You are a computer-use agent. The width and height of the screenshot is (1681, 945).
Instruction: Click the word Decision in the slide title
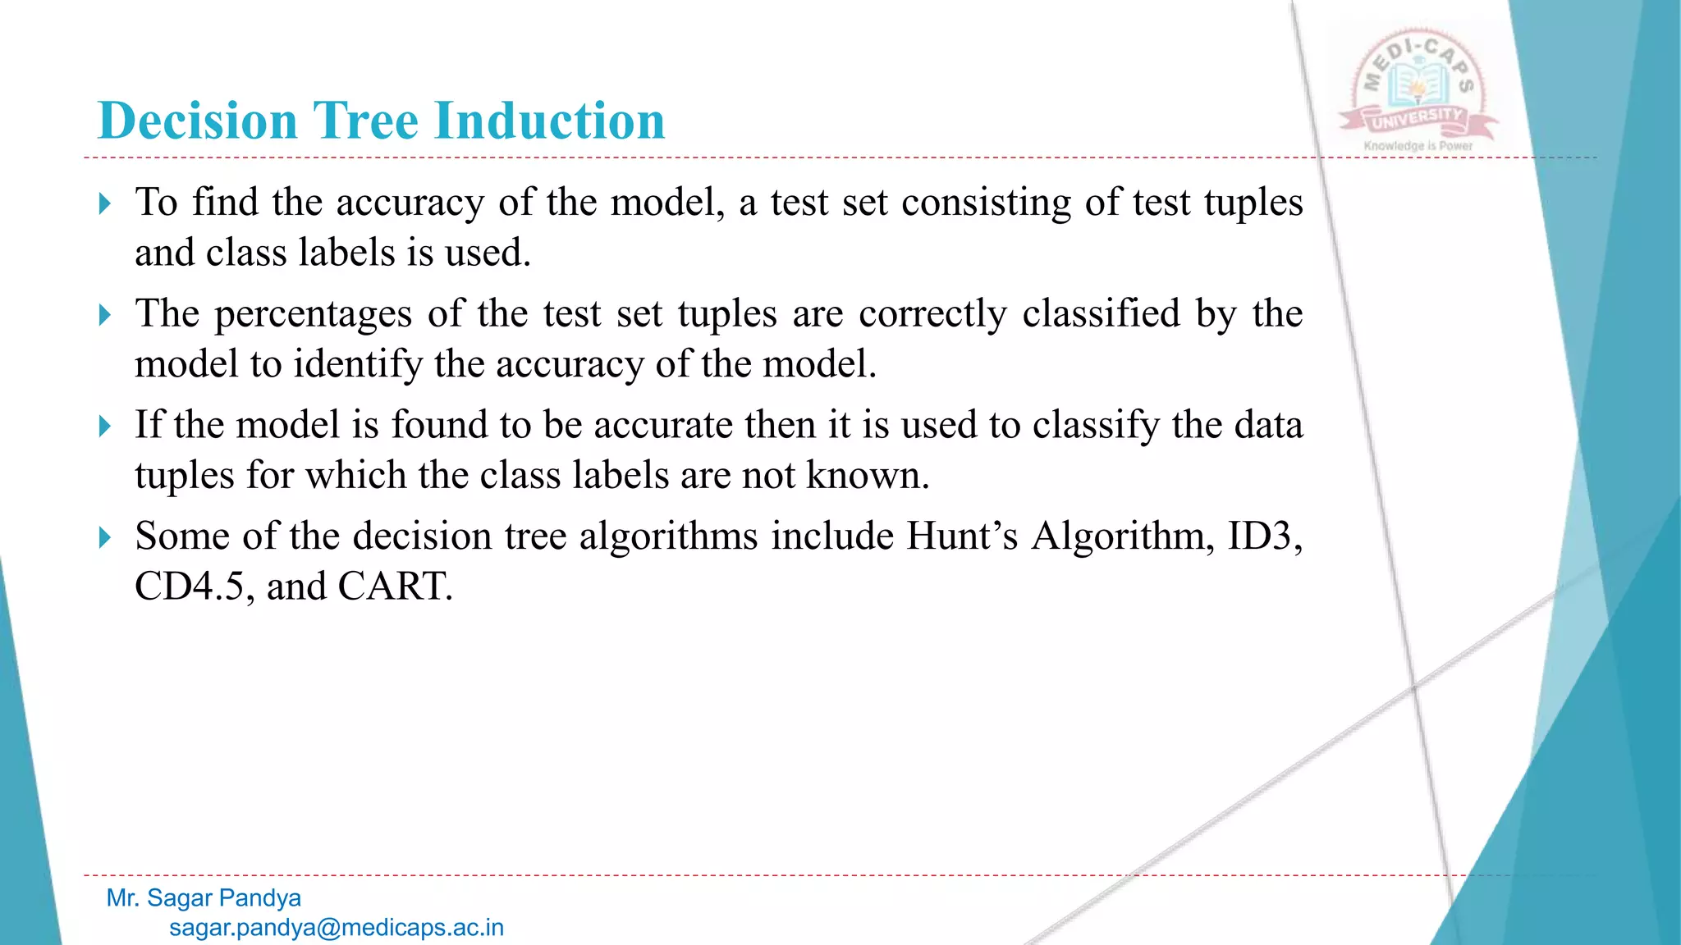click(x=197, y=121)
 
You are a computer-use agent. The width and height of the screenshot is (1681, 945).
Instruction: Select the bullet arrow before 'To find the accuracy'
click(x=104, y=203)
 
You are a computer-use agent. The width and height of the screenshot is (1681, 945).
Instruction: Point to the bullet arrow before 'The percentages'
click(x=104, y=315)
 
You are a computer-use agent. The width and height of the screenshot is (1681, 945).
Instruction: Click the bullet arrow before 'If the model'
click(x=104, y=427)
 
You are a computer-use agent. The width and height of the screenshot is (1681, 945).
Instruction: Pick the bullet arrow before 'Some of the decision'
click(x=104, y=538)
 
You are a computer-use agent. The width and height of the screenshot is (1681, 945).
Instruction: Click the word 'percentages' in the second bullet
click(x=313, y=315)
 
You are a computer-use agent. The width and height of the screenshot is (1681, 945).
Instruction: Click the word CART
click(x=394, y=587)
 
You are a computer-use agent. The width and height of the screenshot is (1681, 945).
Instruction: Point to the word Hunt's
click(x=962, y=536)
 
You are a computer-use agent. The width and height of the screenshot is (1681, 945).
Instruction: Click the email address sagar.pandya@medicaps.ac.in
click(x=337, y=928)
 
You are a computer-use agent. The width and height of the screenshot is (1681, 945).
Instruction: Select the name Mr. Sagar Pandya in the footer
click(x=204, y=898)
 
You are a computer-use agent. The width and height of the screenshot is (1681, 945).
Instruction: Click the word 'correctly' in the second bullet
click(x=932, y=315)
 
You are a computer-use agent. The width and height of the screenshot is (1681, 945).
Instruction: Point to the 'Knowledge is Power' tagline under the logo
click(x=1418, y=146)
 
